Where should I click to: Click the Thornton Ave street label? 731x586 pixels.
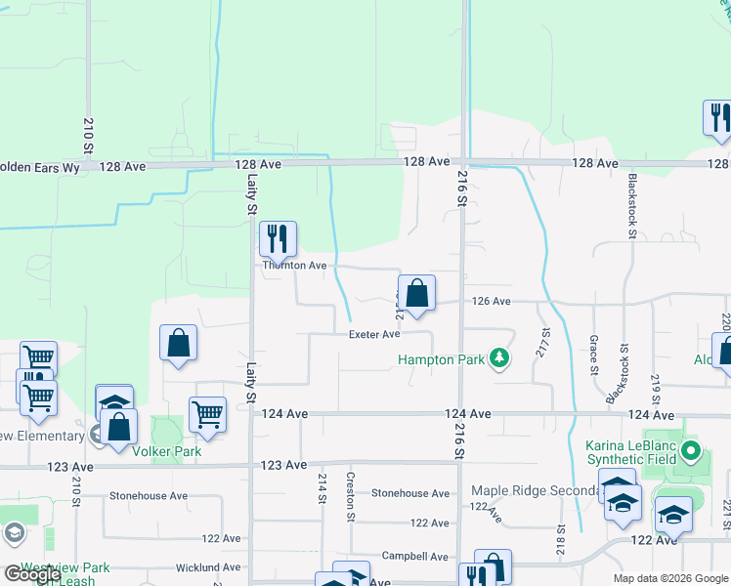[294, 266]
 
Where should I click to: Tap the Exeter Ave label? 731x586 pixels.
[375, 335]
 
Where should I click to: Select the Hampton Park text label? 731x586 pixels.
[441, 359]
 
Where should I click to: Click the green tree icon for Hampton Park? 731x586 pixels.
[499, 359]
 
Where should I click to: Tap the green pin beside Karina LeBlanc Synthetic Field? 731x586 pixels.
[692, 451]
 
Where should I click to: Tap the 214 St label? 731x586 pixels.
[322, 487]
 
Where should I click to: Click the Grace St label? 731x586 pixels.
[594, 356]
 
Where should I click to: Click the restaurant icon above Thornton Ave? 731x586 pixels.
[278, 237]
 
